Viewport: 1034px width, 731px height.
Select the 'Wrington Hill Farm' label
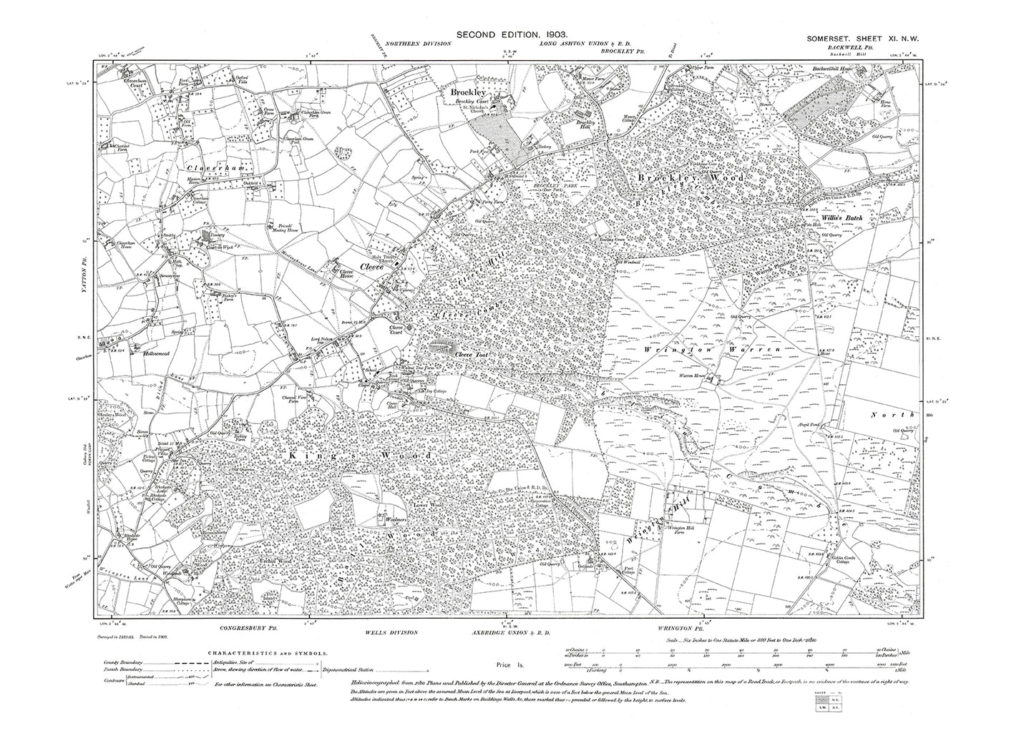click(x=681, y=528)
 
